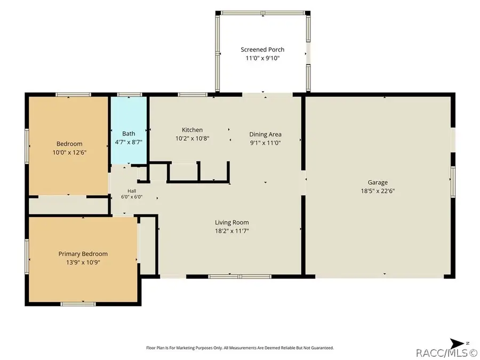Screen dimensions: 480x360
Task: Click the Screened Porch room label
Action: [x=262, y=50]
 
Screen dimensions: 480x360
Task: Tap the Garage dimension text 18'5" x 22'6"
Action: [x=378, y=191]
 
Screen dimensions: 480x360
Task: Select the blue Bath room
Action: [x=129, y=131]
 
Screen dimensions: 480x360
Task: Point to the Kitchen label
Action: [x=192, y=130]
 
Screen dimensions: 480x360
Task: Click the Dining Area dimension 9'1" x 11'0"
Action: [x=266, y=142]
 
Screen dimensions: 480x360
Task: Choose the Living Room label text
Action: [x=232, y=222]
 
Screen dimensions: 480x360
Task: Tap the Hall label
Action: [x=132, y=191]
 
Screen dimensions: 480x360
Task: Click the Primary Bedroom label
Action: [x=83, y=254]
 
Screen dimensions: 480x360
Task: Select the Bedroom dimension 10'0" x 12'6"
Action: [x=69, y=153]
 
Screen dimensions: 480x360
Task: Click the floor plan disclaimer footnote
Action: [x=240, y=348]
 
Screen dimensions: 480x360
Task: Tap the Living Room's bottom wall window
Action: [x=239, y=276]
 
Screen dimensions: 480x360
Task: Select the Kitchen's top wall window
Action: [x=193, y=94]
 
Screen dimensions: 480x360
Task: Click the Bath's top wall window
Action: [x=130, y=94]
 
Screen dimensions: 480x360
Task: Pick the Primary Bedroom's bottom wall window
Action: [x=78, y=304]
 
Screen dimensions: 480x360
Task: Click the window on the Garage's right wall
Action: [x=453, y=182]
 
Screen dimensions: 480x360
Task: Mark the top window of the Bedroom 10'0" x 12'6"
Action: [x=73, y=94]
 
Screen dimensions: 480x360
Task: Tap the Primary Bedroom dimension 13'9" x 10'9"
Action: [x=83, y=262]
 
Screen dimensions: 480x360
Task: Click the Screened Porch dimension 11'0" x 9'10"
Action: [x=262, y=58]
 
